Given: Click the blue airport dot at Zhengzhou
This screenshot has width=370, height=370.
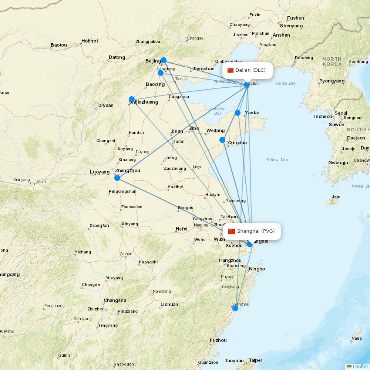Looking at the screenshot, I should [117, 178].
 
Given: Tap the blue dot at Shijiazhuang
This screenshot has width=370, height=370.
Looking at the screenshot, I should [132, 99].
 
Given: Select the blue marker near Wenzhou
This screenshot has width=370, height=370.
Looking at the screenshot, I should [235, 308].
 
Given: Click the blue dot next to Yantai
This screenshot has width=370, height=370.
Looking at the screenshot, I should [238, 113].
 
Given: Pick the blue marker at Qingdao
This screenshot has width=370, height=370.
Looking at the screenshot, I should [222, 140].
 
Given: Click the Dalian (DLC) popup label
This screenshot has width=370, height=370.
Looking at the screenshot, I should [250, 70].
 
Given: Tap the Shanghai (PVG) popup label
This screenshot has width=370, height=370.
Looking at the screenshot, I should [256, 231].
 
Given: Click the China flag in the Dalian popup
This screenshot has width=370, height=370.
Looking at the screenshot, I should [231, 70].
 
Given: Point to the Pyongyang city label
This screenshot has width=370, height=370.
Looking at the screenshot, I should [332, 81].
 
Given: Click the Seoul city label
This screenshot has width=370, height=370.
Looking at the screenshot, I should [341, 113].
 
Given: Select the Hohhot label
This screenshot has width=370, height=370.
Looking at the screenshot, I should [90, 41].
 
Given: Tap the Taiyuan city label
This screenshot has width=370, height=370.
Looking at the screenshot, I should [105, 105].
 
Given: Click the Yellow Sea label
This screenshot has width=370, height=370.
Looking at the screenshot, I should [277, 160].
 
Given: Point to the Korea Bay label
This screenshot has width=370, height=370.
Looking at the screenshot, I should [286, 83].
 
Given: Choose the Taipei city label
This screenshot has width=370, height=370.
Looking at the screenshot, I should [255, 360].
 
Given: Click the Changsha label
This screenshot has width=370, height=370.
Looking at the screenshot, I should [115, 300].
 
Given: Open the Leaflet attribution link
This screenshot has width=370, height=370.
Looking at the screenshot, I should [360, 366].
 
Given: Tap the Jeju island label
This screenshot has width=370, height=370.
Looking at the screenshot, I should [336, 197].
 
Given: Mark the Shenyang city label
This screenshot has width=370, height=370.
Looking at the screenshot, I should [291, 26].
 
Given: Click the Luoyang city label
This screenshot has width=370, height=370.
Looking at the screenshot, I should [100, 172].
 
